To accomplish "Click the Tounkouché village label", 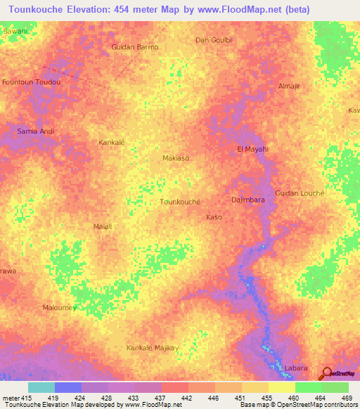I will coord(181,201).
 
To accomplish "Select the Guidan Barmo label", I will coord(135,47).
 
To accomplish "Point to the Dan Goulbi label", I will coord(213,40).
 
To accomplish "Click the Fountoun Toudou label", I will coord(32,82).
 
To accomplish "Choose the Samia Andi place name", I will coord(35,131).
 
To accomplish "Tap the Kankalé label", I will coord(111,142).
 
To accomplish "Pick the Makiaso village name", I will coord(176,158).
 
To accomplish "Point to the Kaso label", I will coord(214,217).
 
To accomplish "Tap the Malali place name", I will coord(103,227).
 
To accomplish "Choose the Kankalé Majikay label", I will coord(153,348).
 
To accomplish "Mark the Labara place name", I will coord(296,368).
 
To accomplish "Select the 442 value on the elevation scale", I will coord(188,398).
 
